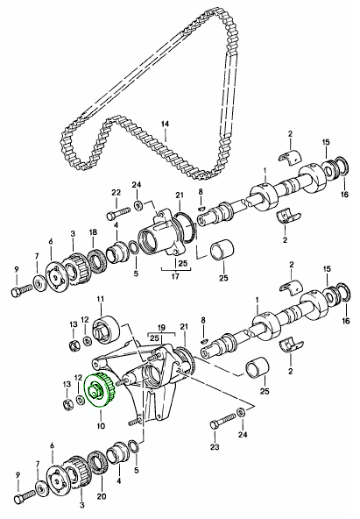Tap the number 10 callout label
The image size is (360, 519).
(101, 426)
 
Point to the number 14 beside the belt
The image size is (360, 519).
(165, 124)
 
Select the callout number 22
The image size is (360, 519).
(116, 192)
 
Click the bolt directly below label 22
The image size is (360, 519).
(118, 213)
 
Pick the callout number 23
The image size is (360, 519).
(215, 447)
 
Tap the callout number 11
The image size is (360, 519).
(100, 299)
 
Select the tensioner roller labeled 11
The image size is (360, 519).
(107, 328)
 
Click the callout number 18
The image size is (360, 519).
(93, 232)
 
